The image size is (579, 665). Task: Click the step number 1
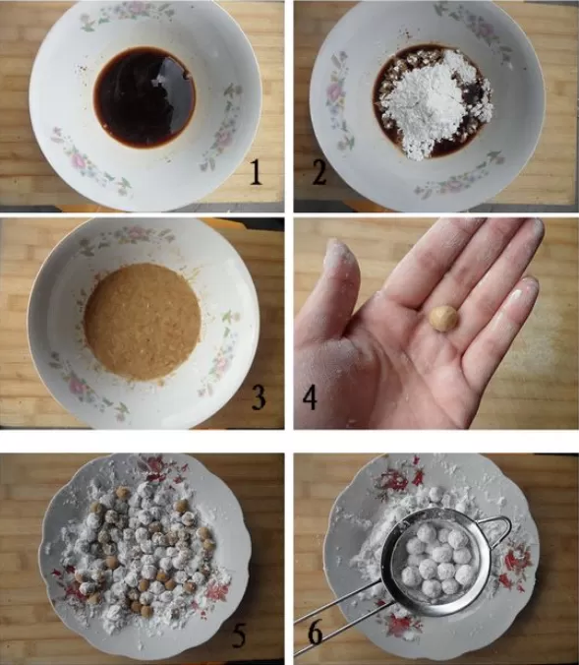256,172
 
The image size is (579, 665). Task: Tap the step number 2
319,172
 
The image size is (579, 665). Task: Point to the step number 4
310,397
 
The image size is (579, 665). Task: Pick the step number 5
238,635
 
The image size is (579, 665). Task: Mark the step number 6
316,633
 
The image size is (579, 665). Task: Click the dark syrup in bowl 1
145,96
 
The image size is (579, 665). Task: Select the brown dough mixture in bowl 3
143,321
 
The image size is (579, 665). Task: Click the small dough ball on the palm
443,319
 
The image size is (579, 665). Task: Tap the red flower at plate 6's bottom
398,626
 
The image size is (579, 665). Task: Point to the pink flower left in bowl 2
335,91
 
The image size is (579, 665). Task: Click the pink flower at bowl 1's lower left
78,160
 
